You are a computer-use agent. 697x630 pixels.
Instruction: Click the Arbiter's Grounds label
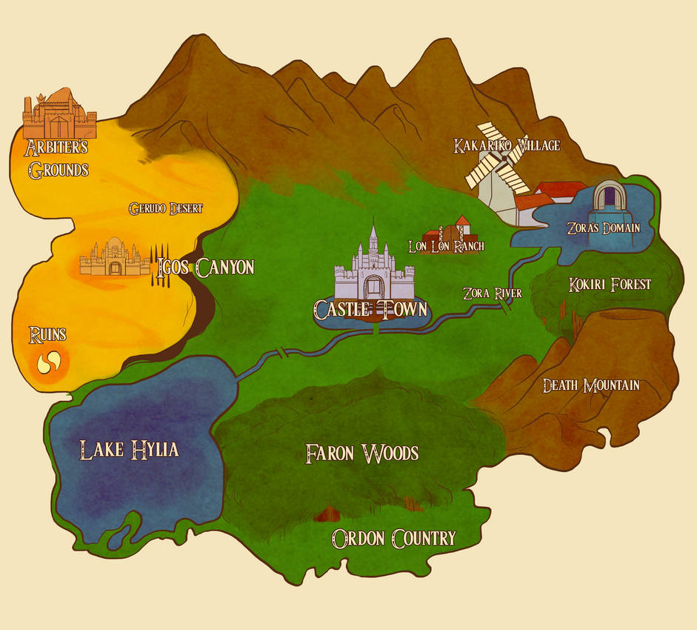click(58, 158)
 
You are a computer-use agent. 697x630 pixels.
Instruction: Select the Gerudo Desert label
click(165, 208)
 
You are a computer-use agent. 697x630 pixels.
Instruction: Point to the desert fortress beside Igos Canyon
click(115, 258)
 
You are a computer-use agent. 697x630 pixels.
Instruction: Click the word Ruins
click(47, 335)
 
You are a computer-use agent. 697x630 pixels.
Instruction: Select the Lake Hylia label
click(129, 448)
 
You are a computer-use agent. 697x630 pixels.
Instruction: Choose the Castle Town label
click(371, 308)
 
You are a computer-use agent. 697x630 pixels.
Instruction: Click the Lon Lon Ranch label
click(447, 246)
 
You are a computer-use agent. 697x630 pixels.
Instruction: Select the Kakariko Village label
click(507, 145)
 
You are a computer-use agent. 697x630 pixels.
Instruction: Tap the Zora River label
click(492, 293)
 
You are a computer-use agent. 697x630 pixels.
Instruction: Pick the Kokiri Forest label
click(610, 284)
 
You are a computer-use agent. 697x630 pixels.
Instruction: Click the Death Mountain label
click(590, 385)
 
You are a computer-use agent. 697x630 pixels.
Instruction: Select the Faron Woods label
click(362, 453)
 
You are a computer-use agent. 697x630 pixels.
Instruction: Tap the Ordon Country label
click(393, 538)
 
